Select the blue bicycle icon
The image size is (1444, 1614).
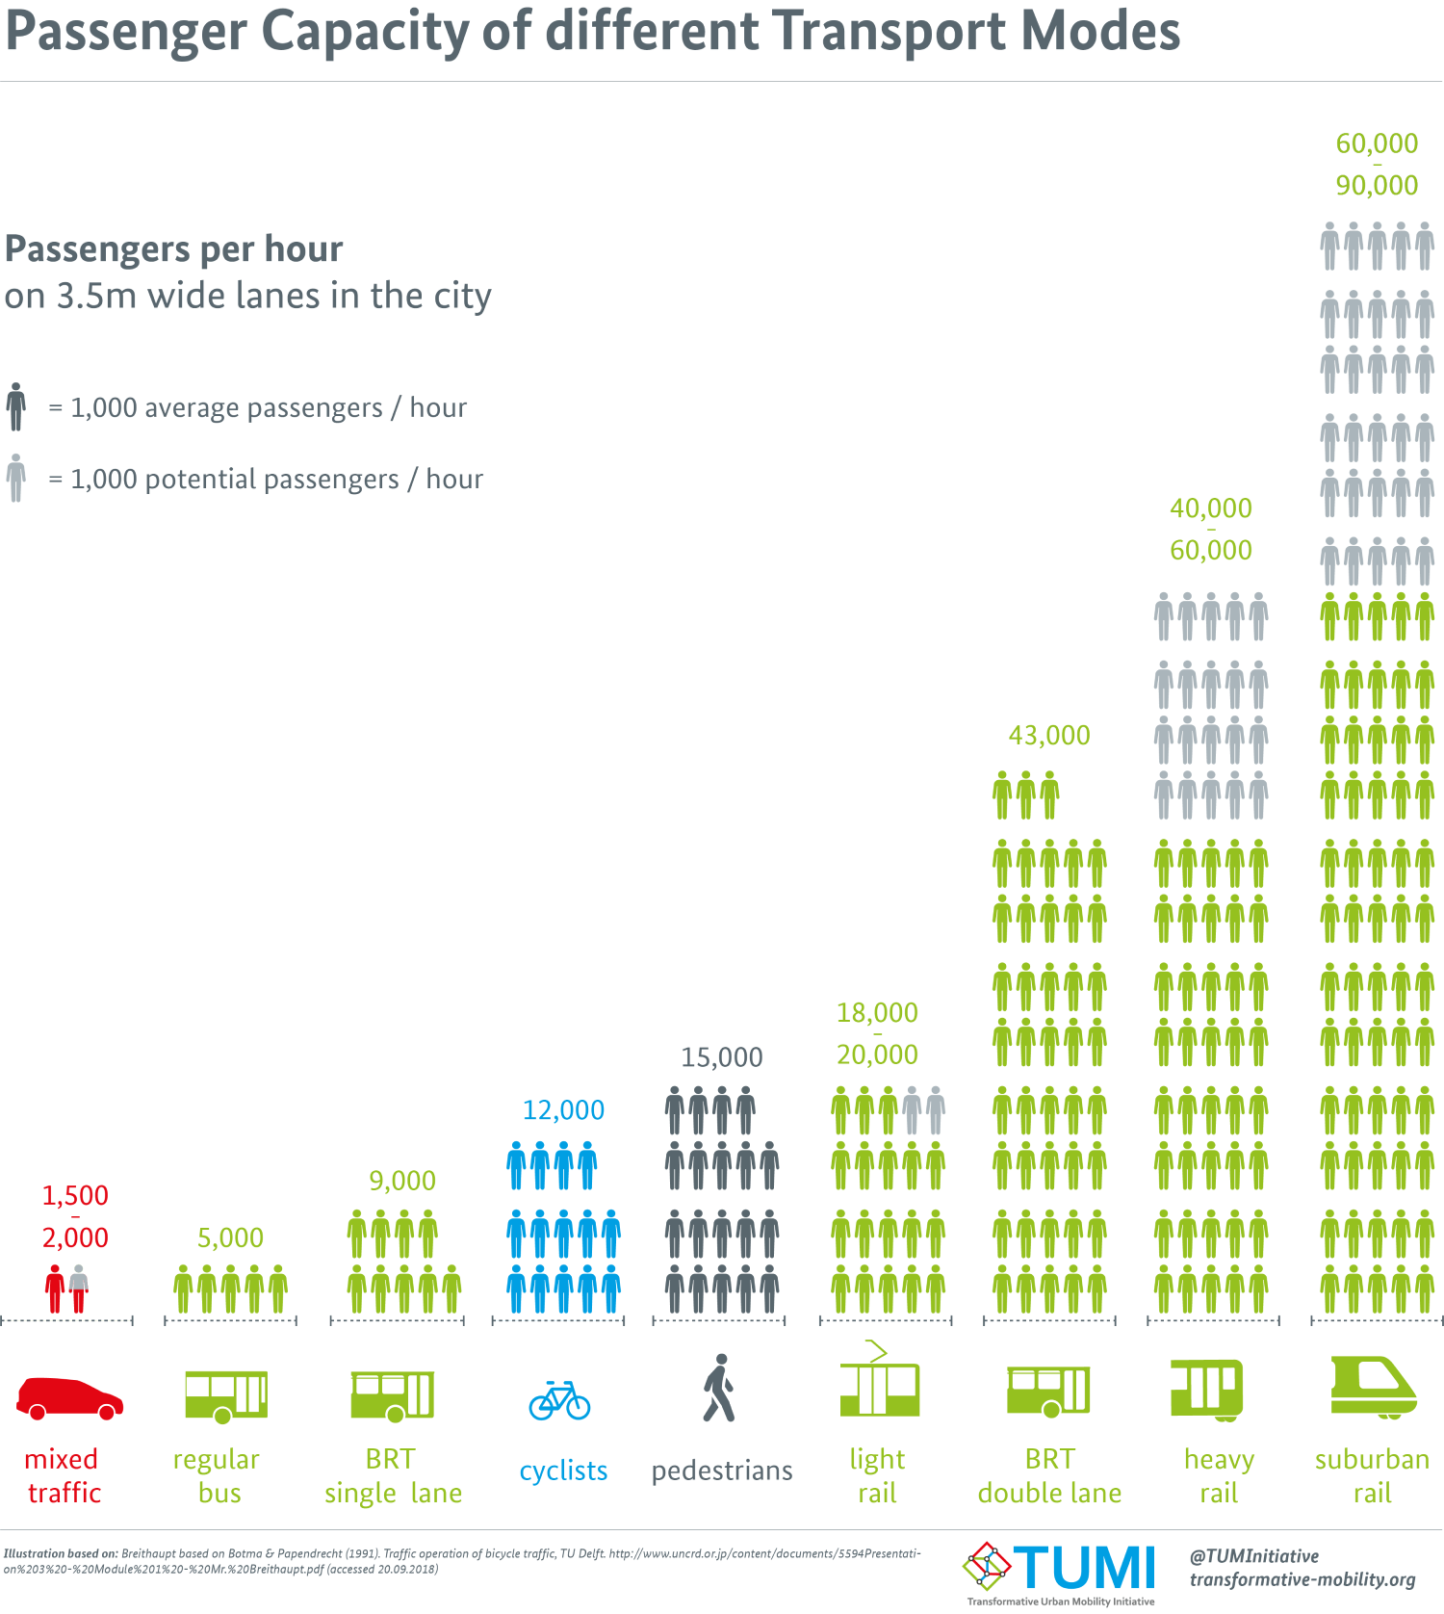click(x=559, y=1400)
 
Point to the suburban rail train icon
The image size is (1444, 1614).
click(x=1373, y=1388)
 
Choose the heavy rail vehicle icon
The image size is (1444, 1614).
click(x=1207, y=1390)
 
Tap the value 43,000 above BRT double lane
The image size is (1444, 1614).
click(x=1048, y=736)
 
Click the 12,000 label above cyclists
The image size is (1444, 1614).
click(x=563, y=1110)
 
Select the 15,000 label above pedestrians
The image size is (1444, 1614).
click(x=721, y=1057)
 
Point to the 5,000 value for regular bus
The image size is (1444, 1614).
click(x=230, y=1237)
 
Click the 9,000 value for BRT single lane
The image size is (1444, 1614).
click(x=402, y=1180)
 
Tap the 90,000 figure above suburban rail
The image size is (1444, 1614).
click(x=1377, y=185)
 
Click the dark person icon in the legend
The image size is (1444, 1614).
click(x=15, y=406)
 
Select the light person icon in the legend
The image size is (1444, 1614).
click(x=15, y=478)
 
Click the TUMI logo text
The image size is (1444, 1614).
click(x=1083, y=1569)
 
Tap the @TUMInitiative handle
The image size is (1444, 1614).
click(x=1252, y=1556)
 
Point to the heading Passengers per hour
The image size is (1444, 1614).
click(x=173, y=249)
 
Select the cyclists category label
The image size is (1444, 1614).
click(x=563, y=1471)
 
